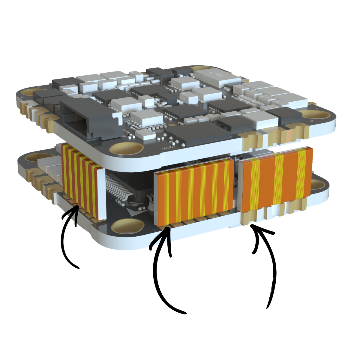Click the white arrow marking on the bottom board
click(x=134, y=212)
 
